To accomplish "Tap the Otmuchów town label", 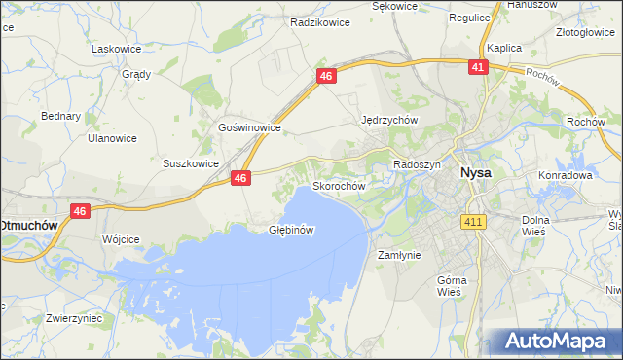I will [28, 224].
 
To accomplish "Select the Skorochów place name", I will [338, 185].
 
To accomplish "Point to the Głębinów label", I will [290, 231].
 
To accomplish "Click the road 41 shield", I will [477, 67].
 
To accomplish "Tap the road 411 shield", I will [473, 223].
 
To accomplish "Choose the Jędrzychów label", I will [389, 120].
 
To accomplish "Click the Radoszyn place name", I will [417, 165].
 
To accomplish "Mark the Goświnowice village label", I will [250, 127].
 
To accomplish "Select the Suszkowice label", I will [190, 163].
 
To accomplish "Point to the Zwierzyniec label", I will [67, 318].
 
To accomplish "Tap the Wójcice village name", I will [121, 238].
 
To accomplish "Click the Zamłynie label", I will [398, 255].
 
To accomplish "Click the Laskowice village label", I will [116, 48].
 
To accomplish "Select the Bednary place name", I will [60, 116].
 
